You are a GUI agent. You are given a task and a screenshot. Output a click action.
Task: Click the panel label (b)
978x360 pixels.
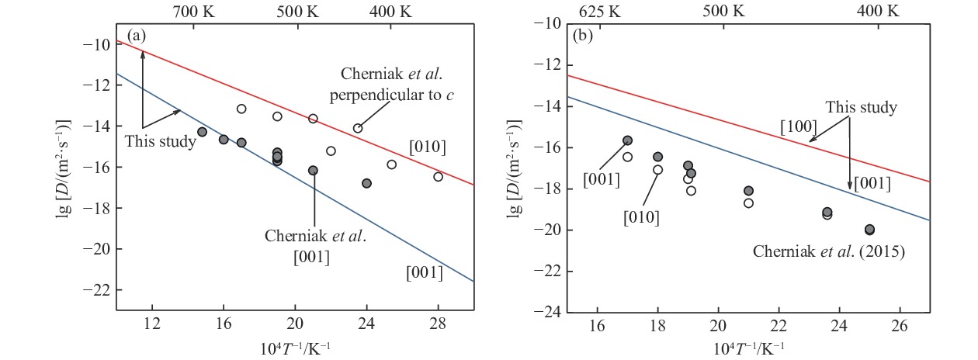[582, 35]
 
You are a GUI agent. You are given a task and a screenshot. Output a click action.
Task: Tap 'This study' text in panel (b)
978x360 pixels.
[861, 108]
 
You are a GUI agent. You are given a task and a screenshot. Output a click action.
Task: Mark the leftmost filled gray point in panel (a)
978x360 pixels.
[202, 132]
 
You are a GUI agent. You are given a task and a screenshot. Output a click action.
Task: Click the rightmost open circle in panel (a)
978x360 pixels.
[438, 176]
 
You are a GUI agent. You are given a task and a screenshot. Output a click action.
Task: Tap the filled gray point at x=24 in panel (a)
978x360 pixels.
[366, 183]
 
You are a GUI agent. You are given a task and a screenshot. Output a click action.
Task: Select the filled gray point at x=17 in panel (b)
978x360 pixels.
[627, 140]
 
